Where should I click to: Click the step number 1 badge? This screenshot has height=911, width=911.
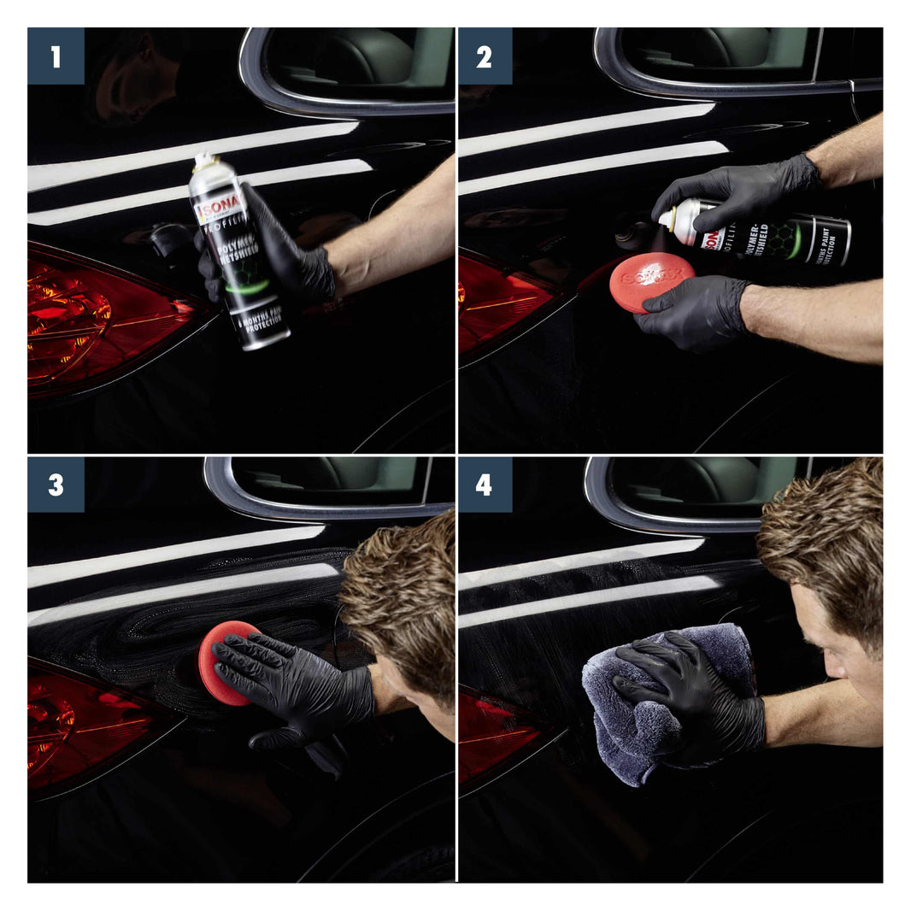click(x=56, y=56)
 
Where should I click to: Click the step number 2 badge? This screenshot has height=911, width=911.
click(x=485, y=56)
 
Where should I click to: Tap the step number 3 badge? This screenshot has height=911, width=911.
click(x=56, y=485)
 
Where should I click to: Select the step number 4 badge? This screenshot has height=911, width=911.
click(x=485, y=485)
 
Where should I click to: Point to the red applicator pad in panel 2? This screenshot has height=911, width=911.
click(x=651, y=281)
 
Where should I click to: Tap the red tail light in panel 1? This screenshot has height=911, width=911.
click(x=103, y=320)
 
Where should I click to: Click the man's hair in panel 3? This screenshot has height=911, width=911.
click(x=402, y=590)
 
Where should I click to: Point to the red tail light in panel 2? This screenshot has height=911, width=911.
click(x=504, y=303)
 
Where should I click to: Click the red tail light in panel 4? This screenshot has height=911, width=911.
click(x=496, y=735)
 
